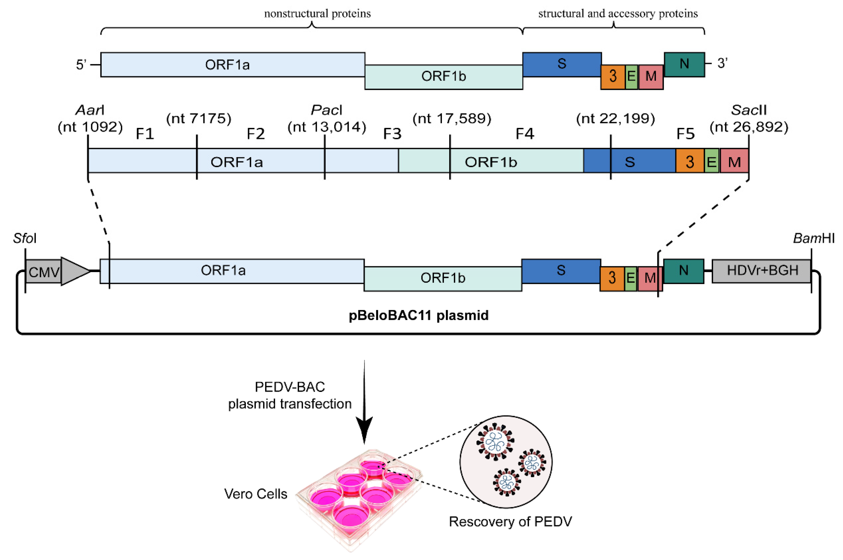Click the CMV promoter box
43,272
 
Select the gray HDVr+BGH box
762,271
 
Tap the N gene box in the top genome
684,64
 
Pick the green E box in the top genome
631,76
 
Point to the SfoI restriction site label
25,238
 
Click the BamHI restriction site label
813,238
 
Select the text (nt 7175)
199,118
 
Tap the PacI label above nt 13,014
326,110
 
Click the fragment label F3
392,134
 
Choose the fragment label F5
685,134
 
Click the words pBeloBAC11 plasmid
419,315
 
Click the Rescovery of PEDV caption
510,522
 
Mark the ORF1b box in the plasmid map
443,278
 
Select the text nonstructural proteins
317,14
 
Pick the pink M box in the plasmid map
649,278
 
